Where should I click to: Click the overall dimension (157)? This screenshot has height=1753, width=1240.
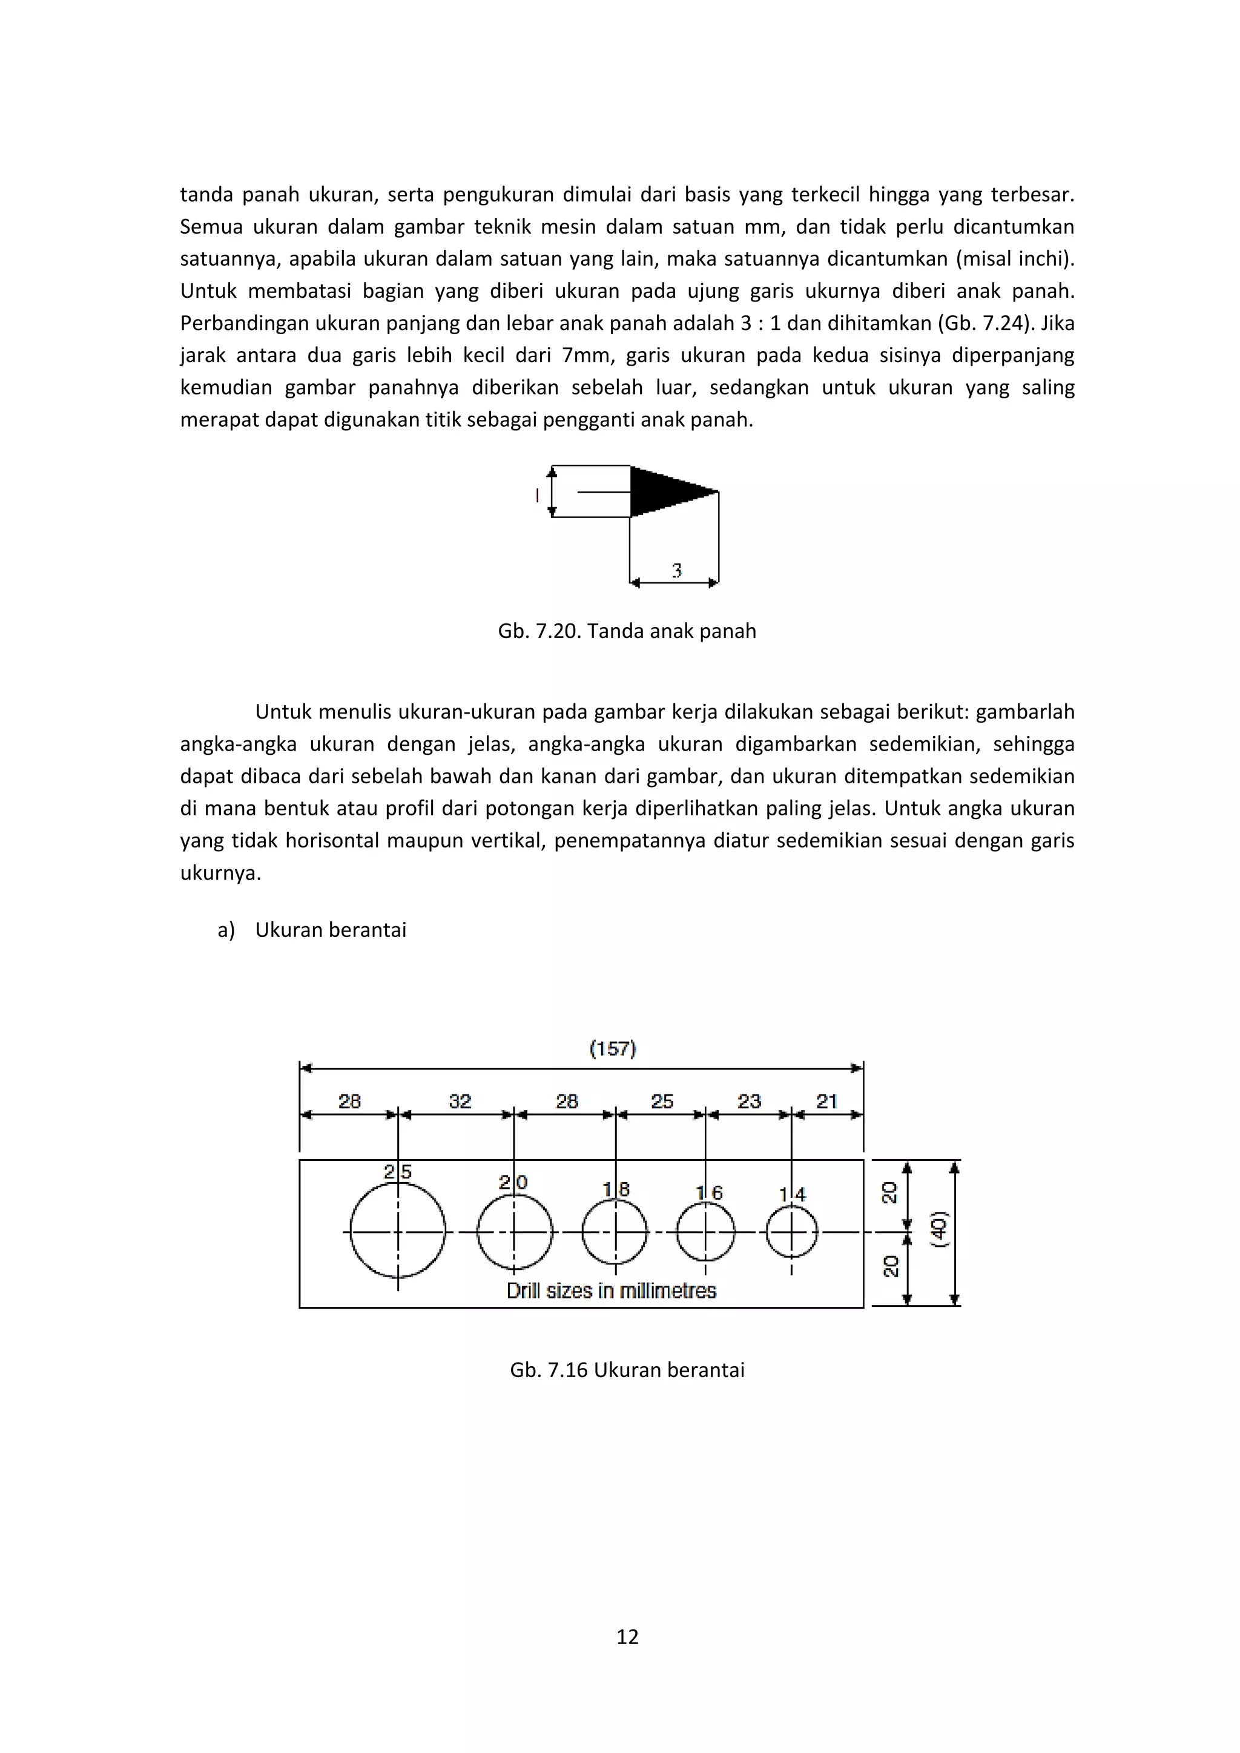(x=612, y=1048)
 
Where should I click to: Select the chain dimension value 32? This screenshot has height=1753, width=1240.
(x=460, y=1101)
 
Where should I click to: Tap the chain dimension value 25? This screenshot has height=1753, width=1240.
(x=662, y=1101)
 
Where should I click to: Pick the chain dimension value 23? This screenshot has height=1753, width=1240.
(x=749, y=1101)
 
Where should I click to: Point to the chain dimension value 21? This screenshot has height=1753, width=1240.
(x=827, y=1101)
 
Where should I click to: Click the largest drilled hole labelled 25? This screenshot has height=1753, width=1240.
(x=398, y=1231)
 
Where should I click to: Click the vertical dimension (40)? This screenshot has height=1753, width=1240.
(x=939, y=1229)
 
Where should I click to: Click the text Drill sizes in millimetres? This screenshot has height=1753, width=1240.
(x=612, y=1291)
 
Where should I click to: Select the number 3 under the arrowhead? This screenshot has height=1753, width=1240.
(x=676, y=570)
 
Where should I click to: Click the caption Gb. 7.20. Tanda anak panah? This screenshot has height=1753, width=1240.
(x=627, y=631)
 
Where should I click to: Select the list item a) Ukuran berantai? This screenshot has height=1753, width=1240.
(x=312, y=929)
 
